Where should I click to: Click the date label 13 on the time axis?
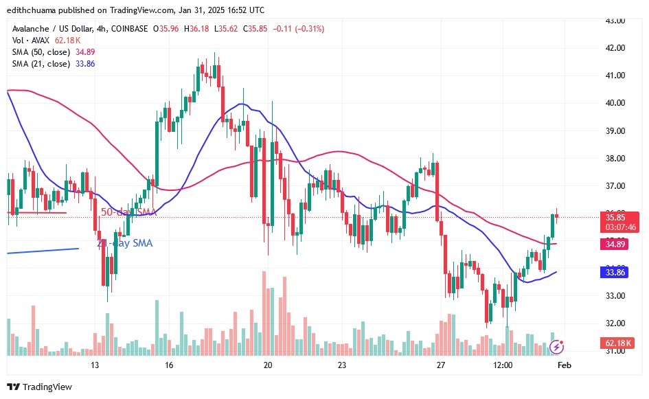click(95, 365)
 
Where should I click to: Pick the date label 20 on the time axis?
click(268, 365)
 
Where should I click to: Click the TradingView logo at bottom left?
click(39, 387)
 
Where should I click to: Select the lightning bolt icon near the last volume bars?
click(558, 346)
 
